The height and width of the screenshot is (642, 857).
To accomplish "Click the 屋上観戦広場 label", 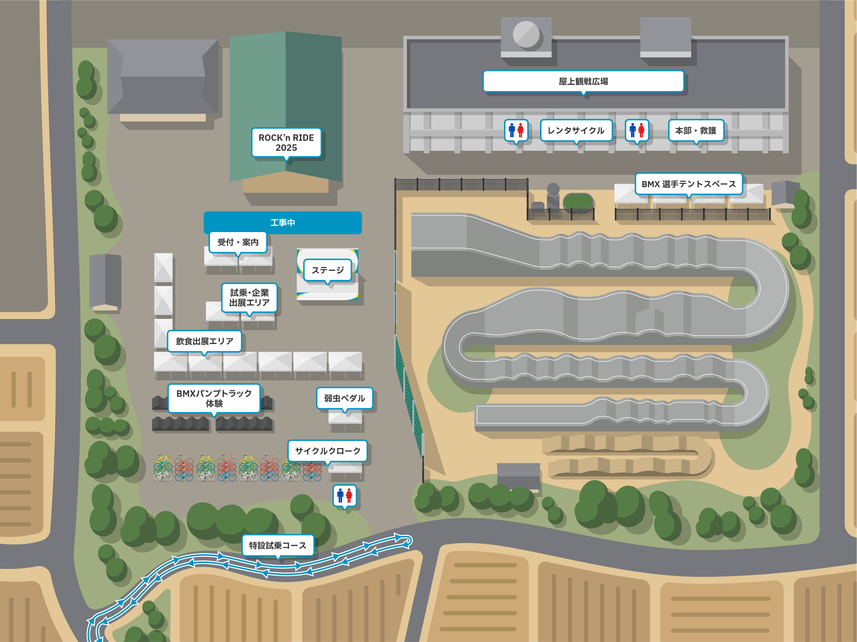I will click(x=583, y=81).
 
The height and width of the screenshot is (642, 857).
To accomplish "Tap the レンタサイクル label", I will click(x=576, y=130).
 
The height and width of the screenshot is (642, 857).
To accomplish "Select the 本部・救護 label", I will click(x=696, y=130).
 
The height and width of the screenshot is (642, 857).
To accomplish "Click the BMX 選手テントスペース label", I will click(x=689, y=184).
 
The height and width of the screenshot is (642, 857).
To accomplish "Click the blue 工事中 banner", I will click(x=282, y=222).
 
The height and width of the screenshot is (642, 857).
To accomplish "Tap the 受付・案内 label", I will click(x=238, y=242).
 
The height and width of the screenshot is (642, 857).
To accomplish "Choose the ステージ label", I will click(x=327, y=270).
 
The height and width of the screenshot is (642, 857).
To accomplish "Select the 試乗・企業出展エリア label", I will click(x=249, y=298).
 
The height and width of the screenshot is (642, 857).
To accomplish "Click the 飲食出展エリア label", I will click(x=205, y=341).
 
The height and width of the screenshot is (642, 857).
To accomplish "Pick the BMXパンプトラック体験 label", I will click(x=214, y=398).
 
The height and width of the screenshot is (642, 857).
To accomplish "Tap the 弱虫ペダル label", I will click(x=344, y=398).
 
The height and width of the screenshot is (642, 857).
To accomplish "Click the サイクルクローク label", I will click(x=327, y=451).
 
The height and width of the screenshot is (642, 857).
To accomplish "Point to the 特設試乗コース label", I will click(x=278, y=545).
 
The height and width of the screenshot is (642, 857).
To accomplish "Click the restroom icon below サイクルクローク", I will click(x=344, y=496).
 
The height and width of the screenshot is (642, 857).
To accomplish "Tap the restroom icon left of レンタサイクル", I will click(x=516, y=130).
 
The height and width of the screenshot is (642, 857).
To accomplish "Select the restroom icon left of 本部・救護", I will click(x=636, y=130).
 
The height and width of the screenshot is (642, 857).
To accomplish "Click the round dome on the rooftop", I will click(x=526, y=34).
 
